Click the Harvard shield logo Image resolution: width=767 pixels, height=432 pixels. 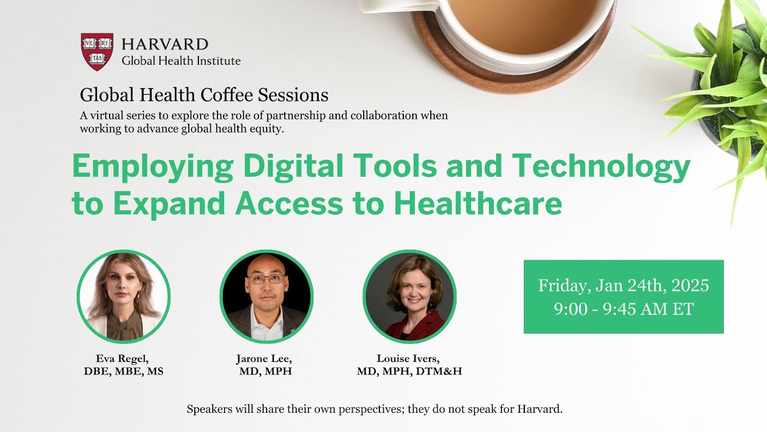[97, 52]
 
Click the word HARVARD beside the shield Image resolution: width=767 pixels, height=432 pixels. [165, 44]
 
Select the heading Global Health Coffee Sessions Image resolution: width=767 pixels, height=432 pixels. [204, 95]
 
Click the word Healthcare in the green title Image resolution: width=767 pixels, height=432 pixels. [478, 204]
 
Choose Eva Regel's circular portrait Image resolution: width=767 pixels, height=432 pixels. [123, 296]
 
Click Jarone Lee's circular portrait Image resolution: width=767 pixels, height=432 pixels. [267, 296]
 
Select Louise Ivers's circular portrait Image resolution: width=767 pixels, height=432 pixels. [409, 296]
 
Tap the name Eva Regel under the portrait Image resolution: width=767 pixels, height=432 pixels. [123, 359]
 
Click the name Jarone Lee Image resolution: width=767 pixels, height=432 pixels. [267, 359]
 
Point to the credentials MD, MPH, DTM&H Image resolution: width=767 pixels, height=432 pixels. [409, 371]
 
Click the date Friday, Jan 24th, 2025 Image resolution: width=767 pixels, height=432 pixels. [623, 286]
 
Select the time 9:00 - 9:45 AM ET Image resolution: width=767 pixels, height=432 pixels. [623, 309]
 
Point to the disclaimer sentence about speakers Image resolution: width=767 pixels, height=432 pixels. [375, 410]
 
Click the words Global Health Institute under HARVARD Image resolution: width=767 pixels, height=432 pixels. [181, 61]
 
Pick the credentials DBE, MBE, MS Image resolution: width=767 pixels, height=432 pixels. [123, 371]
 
